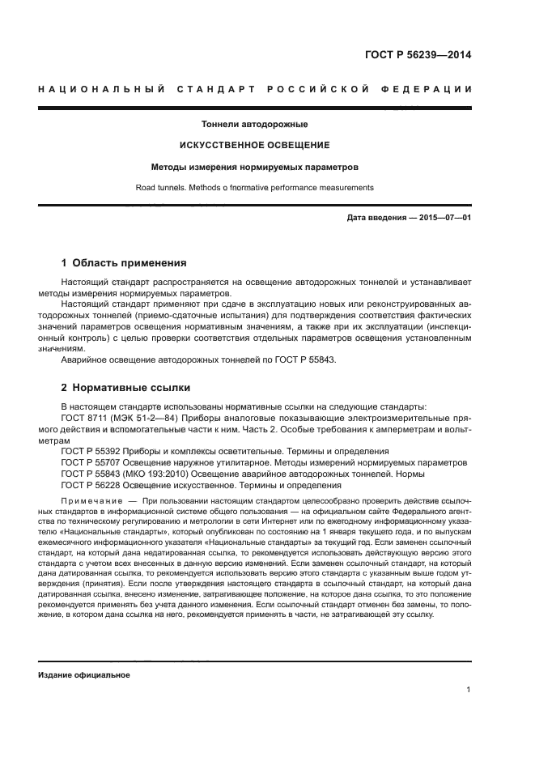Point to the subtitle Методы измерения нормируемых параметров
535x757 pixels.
click(255, 167)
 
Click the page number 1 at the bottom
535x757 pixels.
click(469, 690)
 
